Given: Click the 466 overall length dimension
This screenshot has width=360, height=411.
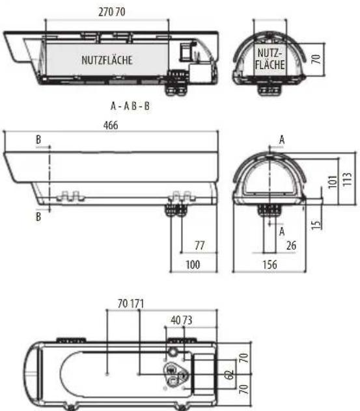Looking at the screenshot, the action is point(111,126).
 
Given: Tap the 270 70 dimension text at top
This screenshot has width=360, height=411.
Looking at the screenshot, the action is point(112,12).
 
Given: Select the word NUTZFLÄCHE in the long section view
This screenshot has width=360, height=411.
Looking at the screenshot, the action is point(107,60).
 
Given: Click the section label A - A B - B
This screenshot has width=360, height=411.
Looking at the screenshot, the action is point(130,106).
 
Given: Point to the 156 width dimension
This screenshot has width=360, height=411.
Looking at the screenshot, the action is point(270,265).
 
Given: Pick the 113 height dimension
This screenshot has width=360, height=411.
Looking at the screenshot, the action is point(348,179).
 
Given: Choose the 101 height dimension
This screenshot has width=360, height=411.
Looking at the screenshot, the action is point(333,181).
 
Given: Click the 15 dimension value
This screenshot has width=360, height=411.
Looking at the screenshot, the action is point(316,224).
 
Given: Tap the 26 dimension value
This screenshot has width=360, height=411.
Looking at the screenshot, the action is point(291,246).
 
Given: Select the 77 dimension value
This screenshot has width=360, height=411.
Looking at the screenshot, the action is point(200,246).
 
